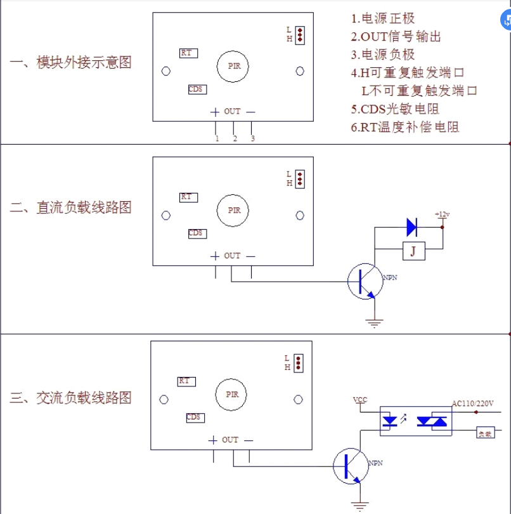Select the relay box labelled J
pos(413,252)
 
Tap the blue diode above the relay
pos(411,225)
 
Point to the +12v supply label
pos(442,214)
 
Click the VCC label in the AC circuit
pos(359,400)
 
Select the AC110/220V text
pos(472,403)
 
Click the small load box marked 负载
pos(485,433)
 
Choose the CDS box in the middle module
pos(196,234)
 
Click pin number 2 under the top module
pos(235,138)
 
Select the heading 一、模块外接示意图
pos(71,63)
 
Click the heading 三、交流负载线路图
pos(71,399)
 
